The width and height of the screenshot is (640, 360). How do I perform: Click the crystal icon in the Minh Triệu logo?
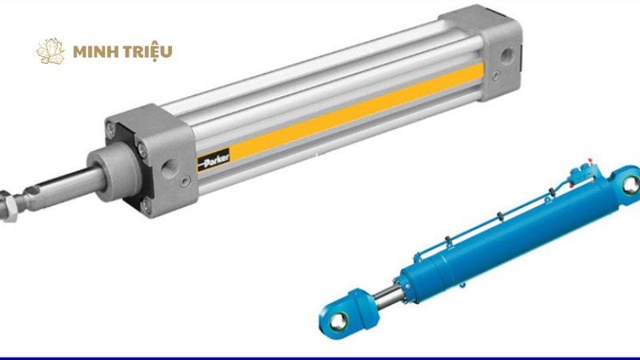pos(50,51)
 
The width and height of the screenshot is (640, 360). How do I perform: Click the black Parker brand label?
pos(214,160)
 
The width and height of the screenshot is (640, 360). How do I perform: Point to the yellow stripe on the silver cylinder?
pos(355,110)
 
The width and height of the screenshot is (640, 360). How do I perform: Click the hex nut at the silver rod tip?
pos(7,206)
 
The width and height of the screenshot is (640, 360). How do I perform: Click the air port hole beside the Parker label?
pos(170,167)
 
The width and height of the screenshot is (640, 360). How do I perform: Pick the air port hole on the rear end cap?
pos(506,54)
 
